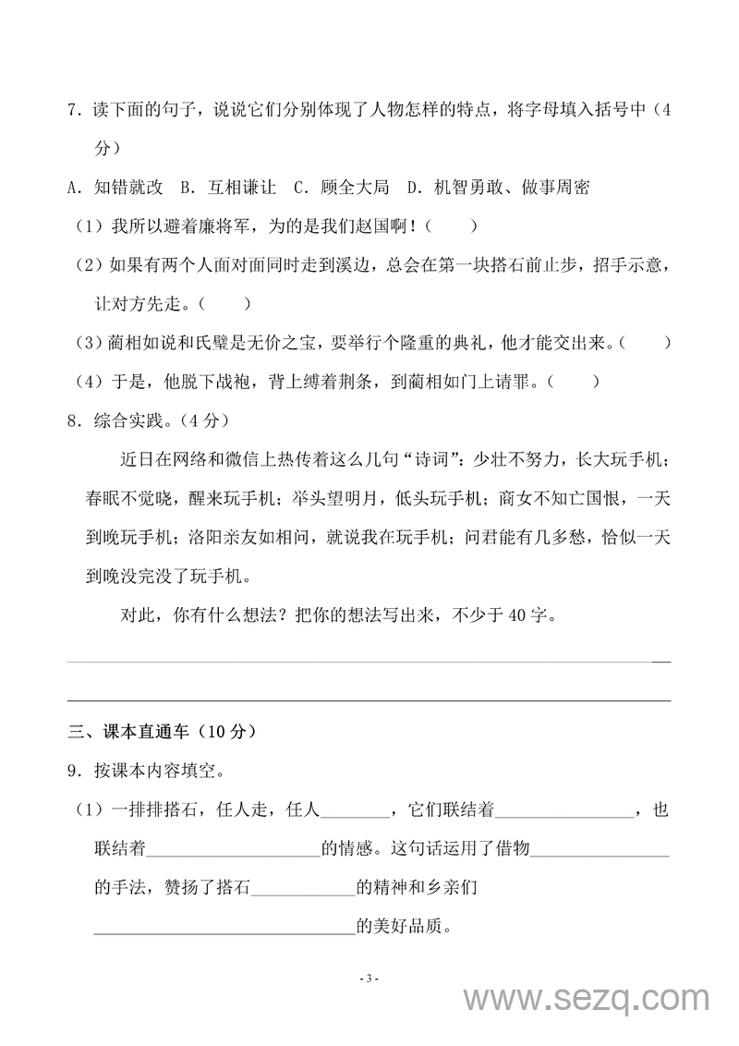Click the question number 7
pos(74,112)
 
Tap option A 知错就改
pos(116,188)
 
